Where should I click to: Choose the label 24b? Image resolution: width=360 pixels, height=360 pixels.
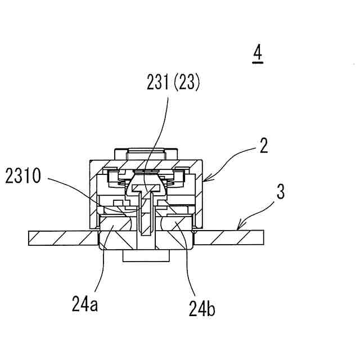click(x=202, y=308)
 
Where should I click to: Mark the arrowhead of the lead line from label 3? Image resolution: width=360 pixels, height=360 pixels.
click(x=239, y=229)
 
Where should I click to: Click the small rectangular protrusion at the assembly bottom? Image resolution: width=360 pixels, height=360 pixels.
click(x=146, y=256)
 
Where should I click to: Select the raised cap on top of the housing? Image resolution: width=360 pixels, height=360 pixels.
click(x=146, y=153)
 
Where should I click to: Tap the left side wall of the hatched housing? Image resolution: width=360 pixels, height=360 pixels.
click(x=93, y=194)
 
